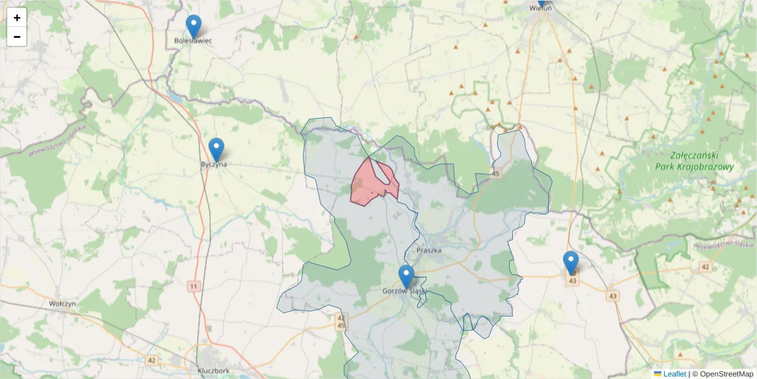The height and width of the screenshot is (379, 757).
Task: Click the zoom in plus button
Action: coord(17,18)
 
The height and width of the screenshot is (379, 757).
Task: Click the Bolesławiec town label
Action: coord(193,41)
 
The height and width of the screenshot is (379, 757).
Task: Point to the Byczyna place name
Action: coord(213,164)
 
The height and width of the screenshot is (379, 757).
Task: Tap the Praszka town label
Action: coord(429,250)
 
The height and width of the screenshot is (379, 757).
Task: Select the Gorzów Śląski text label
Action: coord(404,291)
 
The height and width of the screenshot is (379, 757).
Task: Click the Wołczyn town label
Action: coord(62,303)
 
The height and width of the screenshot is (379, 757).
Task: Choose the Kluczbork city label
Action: coord(213,371)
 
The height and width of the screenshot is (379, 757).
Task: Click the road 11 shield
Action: coord(193,287)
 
